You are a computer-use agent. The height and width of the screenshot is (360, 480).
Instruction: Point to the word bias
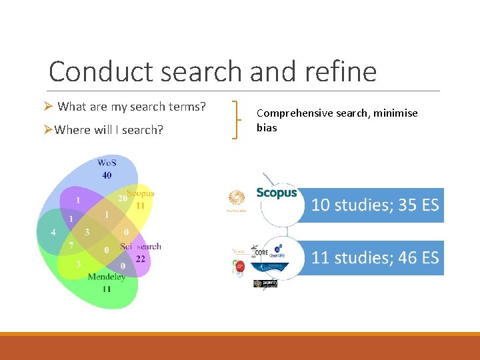coord(267,127)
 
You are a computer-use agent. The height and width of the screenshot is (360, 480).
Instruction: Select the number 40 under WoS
coord(107,175)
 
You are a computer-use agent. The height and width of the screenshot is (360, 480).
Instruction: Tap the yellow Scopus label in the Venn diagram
coord(141,193)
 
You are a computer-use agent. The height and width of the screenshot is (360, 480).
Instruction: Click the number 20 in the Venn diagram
coord(122,199)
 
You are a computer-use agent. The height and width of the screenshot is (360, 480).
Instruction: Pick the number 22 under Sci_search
coord(140,258)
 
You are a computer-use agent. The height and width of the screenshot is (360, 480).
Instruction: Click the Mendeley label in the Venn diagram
coord(106,277)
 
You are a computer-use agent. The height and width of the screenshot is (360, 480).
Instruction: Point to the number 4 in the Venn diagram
coord(53,233)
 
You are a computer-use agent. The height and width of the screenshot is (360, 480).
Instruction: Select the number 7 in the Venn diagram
coord(71,246)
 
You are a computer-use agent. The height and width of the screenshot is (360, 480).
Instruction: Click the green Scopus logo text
coord(277,193)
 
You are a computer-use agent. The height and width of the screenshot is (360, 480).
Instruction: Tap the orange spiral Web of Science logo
coord(237,198)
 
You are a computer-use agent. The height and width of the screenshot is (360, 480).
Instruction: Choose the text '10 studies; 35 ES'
coord(375,205)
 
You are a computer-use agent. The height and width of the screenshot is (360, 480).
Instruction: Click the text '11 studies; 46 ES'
coord(375,258)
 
